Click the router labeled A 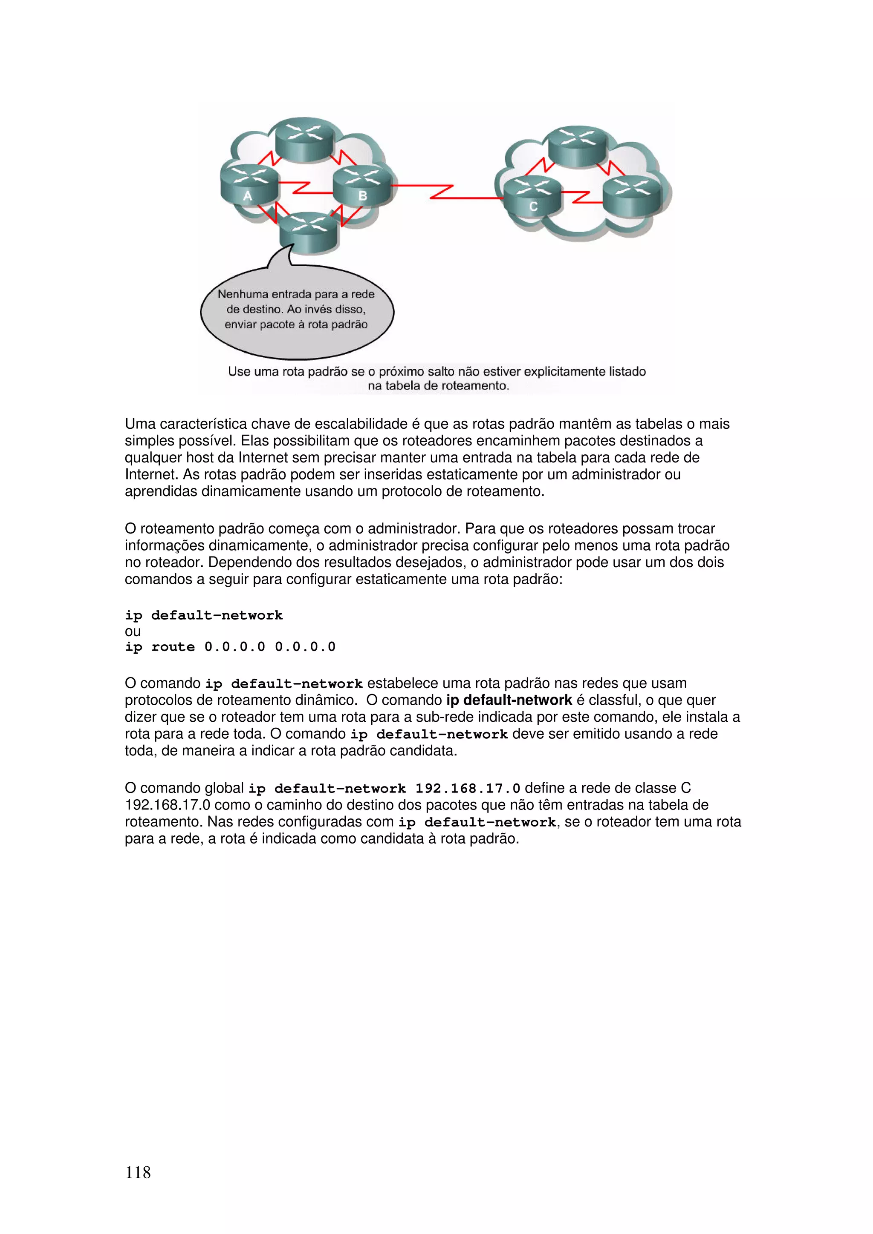(249, 185)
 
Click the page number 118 (138, 1172)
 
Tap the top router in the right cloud (578, 145)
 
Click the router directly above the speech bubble (308, 232)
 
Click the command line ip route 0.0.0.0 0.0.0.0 (230, 647)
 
